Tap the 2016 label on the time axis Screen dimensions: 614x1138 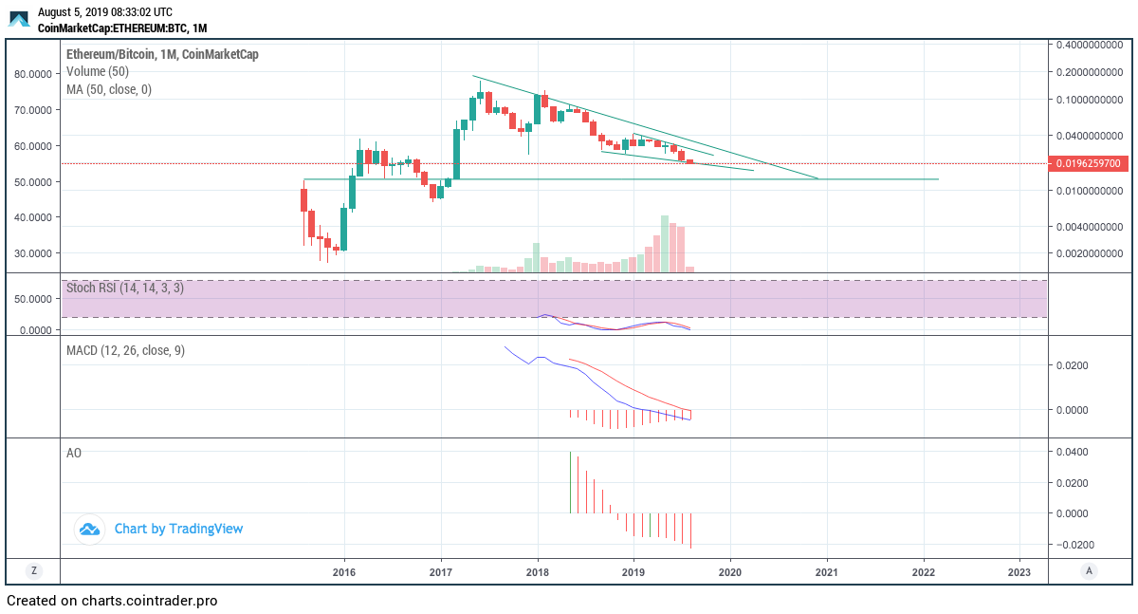point(344,572)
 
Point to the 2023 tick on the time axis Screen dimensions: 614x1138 point(1019,572)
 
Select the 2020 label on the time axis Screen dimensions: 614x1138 point(730,572)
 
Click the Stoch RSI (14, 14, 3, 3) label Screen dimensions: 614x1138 point(125,288)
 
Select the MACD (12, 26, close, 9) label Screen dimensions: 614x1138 point(125,351)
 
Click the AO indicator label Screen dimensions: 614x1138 point(74,454)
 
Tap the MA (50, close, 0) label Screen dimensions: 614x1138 point(108,89)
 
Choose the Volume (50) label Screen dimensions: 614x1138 point(98,71)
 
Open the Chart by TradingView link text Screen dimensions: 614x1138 point(178,529)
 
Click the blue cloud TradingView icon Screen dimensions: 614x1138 point(89,530)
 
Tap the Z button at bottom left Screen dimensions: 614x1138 point(34,571)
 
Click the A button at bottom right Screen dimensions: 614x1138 point(1090,571)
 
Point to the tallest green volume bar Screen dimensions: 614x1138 point(665,244)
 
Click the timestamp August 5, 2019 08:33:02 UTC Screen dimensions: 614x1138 point(104,12)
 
